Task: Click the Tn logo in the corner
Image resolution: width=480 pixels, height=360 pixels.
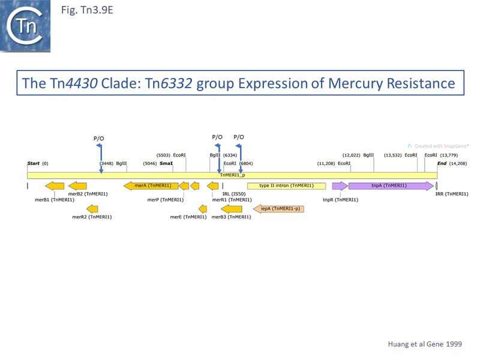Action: tap(25, 25)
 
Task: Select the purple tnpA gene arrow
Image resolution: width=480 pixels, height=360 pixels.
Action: tap(390, 186)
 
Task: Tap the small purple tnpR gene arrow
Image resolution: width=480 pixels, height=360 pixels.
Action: tap(340, 186)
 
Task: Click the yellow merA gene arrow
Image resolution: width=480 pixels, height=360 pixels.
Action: tap(151, 186)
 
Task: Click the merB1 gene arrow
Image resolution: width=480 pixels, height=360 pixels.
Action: tap(55, 186)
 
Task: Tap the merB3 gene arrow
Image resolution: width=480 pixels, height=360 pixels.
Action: tap(232, 209)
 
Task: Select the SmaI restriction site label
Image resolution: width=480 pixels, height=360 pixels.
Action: tap(166, 163)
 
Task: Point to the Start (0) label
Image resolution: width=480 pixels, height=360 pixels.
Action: tap(37, 163)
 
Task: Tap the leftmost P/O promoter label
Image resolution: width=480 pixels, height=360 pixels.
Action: tap(99, 139)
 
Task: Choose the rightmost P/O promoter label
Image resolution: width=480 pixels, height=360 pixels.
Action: tap(239, 137)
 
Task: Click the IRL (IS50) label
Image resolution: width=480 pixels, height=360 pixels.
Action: tap(234, 194)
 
